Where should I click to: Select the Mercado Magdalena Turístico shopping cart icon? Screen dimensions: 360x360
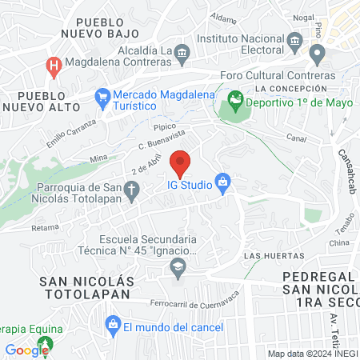coord(102,99)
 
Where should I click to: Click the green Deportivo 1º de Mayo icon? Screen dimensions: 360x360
coord(234,102)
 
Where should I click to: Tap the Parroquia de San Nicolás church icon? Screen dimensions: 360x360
coord(132,190)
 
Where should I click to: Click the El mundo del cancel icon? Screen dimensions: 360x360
coord(112,326)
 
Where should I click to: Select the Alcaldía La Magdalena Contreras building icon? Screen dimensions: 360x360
coord(182,53)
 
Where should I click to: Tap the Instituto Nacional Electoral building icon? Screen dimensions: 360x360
coord(294,40)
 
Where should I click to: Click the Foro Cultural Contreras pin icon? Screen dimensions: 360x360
coord(317,56)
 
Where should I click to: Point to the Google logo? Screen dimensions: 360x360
coord(26,350)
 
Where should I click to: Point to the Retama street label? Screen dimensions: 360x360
coord(45,227)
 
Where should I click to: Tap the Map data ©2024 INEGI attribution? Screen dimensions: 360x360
coord(312,354)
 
